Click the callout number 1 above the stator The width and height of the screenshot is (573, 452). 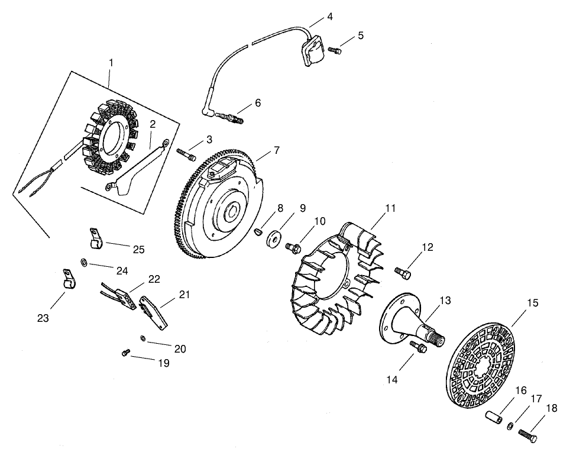[111, 62]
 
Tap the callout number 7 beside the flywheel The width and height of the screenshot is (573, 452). [276, 151]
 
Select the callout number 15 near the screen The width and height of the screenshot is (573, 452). [533, 302]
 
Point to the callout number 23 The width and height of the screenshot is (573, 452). [43, 318]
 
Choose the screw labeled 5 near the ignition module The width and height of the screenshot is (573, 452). [335, 51]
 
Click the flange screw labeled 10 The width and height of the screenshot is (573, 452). [292, 247]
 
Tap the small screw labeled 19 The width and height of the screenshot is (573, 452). [125, 353]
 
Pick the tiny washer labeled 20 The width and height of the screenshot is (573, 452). [143, 338]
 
